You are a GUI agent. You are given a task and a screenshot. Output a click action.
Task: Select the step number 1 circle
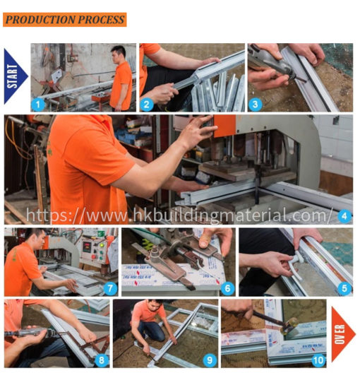tap(40, 104)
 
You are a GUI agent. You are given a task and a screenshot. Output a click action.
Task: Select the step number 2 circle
tap(148, 104)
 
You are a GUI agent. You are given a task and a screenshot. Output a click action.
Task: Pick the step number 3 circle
tap(255, 104)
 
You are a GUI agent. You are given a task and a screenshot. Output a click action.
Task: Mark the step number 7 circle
tap(109, 288)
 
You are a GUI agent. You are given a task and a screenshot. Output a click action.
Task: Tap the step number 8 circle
tap(102, 359)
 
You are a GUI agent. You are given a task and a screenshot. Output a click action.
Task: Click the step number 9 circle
tap(210, 359)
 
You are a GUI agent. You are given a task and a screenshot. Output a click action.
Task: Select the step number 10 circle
tap(317, 359)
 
